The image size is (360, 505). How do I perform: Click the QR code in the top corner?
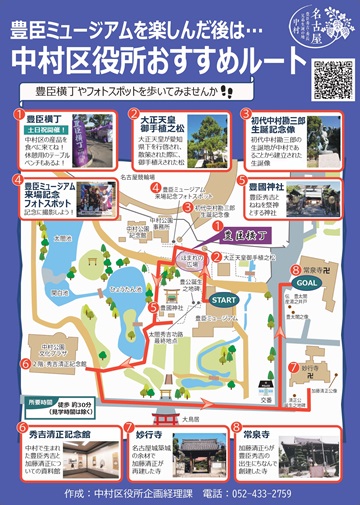(x=331, y=79)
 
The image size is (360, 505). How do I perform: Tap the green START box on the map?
(x=226, y=300)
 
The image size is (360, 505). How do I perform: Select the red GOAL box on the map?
(x=309, y=282)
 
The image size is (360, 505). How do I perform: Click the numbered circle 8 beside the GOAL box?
(x=294, y=269)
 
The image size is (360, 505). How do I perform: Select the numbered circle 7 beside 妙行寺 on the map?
(x=293, y=366)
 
